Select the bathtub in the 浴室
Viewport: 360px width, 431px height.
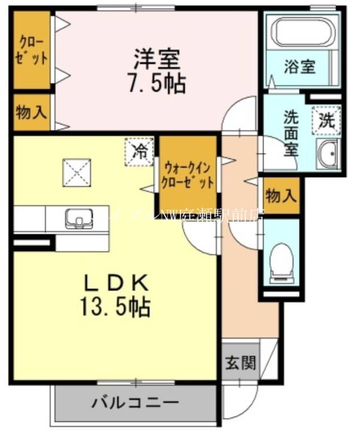pos(302,32)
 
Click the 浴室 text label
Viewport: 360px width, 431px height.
pos(300,67)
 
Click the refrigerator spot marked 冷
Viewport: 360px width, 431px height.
pos(138,150)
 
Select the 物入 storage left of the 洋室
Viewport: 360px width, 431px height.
pos(31,112)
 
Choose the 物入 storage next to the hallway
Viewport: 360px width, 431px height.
pos(281,196)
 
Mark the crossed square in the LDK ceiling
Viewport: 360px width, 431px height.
pos(77,172)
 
